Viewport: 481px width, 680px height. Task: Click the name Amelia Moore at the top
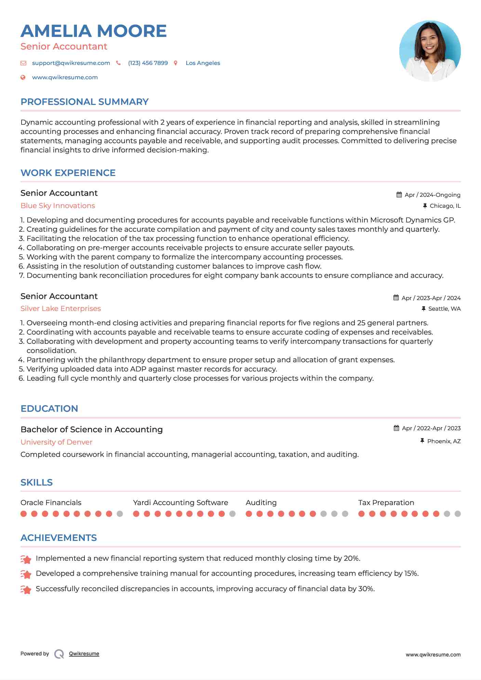click(93, 31)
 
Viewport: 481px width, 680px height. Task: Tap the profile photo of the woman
click(430, 51)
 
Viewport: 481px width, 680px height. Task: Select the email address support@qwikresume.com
click(71, 63)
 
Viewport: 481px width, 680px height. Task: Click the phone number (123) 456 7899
click(148, 63)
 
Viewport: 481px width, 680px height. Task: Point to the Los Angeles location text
click(203, 63)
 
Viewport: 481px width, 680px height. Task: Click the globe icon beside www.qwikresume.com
click(23, 78)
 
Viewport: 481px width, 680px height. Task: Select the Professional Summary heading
click(84, 102)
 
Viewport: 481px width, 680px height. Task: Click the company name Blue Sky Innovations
click(58, 206)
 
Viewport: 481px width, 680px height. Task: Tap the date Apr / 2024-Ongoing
click(432, 195)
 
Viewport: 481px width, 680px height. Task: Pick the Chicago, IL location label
click(445, 206)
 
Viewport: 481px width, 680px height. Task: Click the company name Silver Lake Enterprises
click(61, 309)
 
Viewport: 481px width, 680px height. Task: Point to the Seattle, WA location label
click(444, 309)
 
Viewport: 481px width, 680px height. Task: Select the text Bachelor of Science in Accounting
click(92, 430)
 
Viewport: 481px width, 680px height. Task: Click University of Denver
click(56, 442)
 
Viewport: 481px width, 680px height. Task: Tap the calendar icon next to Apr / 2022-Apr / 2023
click(396, 428)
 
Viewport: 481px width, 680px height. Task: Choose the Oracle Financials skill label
click(51, 503)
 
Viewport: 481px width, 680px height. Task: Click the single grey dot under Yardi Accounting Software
click(232, 514)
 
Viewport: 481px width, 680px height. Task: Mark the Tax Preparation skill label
click(386, 503)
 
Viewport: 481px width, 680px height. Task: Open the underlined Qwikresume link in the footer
click(84, 654)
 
